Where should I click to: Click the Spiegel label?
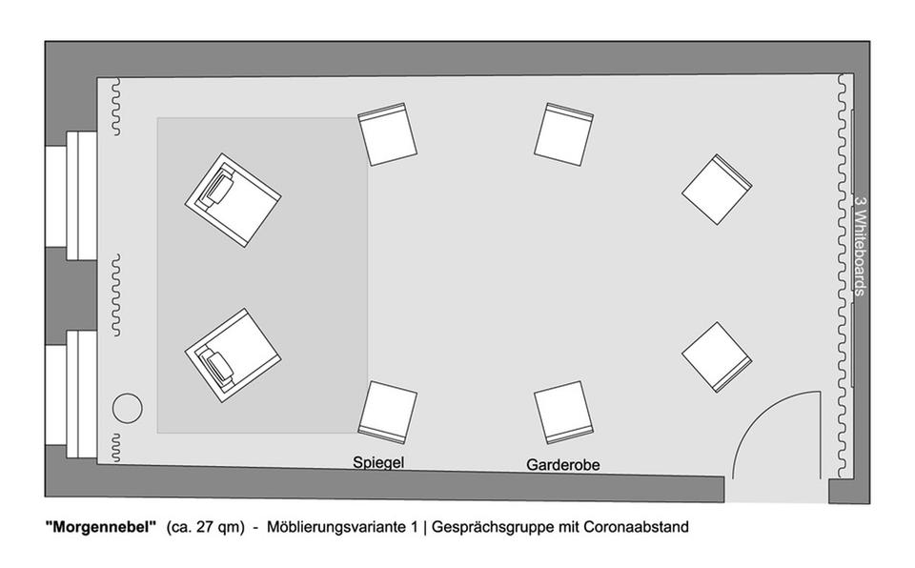click(378, 462)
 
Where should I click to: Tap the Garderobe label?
click(563, 465)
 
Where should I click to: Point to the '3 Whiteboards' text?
click(860, 246)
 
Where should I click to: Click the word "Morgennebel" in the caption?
click(101, 527)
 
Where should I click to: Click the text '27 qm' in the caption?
click(213, 528)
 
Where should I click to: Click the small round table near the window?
click(127, 408)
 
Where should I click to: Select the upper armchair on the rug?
click(233, 200)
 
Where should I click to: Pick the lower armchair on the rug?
click(233, 355)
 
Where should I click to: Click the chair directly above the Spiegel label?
click(388, 412)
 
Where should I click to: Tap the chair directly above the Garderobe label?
click(563, 412)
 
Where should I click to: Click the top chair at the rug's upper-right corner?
click(388, 134)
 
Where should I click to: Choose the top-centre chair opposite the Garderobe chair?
click(563, 134)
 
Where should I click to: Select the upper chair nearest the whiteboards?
click(717, 189)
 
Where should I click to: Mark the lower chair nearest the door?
click(717, 357)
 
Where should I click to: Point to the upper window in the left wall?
click(71, 195)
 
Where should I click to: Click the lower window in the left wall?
click(71, 395)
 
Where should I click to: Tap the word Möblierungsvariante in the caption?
click(342, 527)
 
